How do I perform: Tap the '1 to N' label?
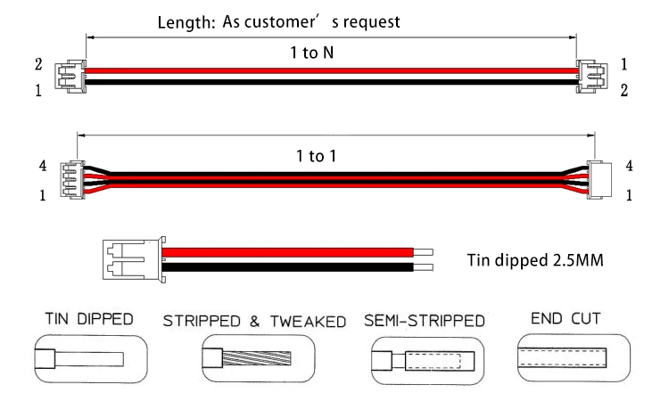tap(313, 53)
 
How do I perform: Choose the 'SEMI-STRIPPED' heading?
tap(425, 320)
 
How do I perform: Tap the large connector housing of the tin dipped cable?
tap(132, 258)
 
